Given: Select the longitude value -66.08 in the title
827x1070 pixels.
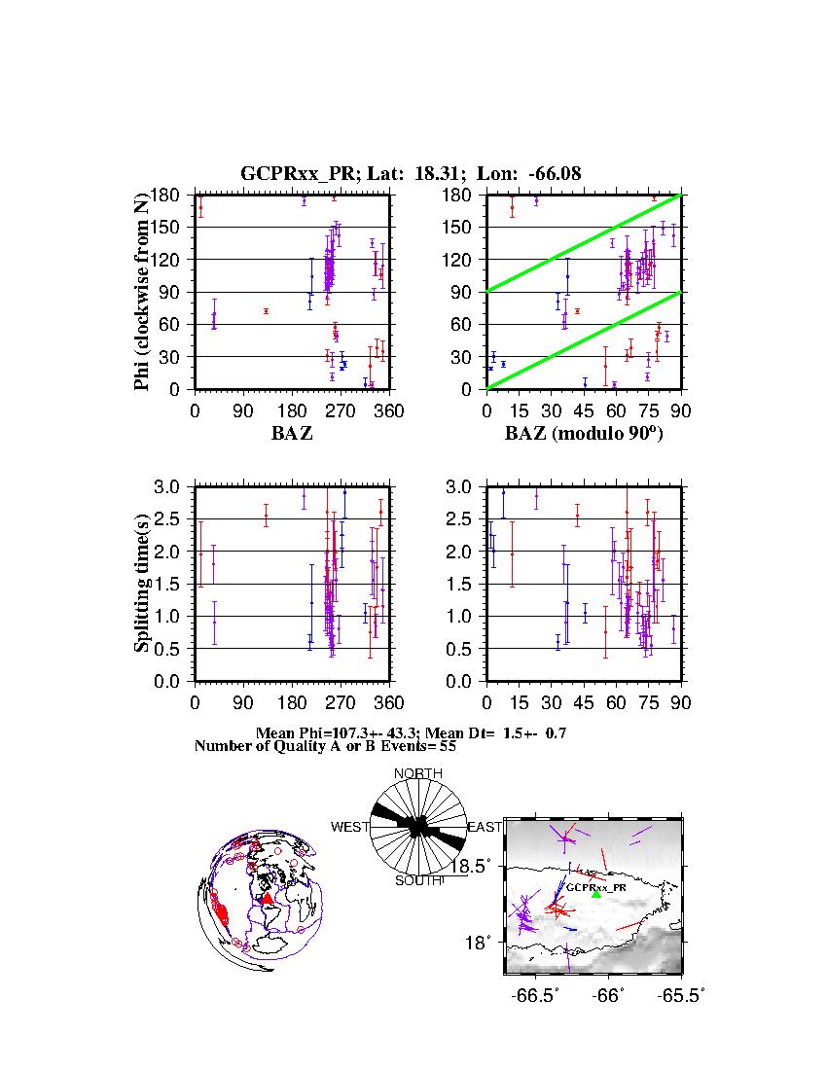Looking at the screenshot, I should pos(554,174).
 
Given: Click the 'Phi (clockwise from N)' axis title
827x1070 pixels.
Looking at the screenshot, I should pos(142,292).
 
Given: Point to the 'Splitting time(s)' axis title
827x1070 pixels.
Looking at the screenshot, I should pos(142,584).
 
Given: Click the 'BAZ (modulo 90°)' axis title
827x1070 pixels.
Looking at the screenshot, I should pos(583,434).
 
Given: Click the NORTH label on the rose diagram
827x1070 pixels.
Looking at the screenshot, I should pos(417,773).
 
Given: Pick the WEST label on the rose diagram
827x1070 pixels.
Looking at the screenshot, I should pos(350,827).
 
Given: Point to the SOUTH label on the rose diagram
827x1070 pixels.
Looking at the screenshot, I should pos(418,881).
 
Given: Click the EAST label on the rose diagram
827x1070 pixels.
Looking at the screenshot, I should pos(484,827).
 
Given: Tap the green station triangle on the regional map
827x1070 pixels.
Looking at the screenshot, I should pos(596,893).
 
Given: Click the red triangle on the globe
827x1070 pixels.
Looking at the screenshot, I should pos(267,900).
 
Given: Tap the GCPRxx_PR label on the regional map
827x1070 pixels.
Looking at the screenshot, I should pos(597,887).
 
